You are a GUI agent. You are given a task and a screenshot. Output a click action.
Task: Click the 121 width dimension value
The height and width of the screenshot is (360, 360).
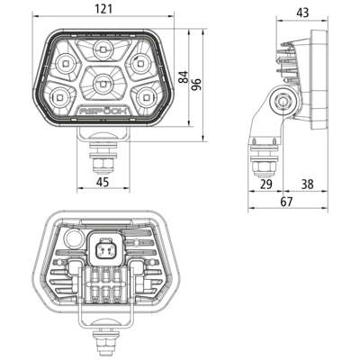click(103, 9)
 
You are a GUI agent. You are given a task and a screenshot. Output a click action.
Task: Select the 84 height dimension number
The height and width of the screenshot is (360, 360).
click(183, 76)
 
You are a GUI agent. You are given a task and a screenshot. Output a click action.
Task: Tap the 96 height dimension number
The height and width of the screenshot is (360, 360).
click(196, 85)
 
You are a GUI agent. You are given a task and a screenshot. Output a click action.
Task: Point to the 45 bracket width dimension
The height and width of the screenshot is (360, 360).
click(103, 182)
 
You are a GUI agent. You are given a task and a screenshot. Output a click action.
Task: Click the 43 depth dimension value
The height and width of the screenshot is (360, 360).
click(302, 13)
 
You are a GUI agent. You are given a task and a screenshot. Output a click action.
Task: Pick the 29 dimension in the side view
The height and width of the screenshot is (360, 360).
click(266, 184)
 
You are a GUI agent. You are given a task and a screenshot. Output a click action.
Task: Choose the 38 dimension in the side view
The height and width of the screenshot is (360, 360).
click(307, 184)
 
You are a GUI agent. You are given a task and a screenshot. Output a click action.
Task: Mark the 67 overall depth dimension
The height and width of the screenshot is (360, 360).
click(286, 202)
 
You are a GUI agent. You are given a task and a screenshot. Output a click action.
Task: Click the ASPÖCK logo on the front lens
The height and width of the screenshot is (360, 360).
click(103, 111)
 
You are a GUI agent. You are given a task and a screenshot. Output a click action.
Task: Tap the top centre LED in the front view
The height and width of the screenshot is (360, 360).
click(103, 49)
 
